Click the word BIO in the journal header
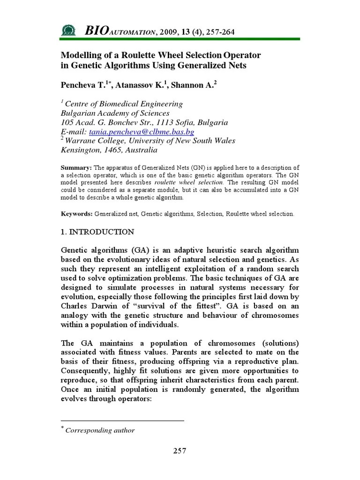tap(96, 31)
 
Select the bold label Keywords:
tap(77, 214)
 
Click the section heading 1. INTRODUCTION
tap(97, 232)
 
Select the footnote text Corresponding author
tap(100, 430)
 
